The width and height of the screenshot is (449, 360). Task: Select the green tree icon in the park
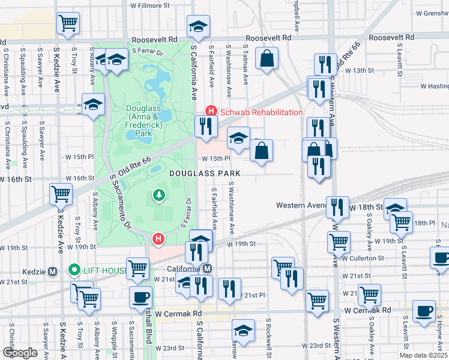[158, 194]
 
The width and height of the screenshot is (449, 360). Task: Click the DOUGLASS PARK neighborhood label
[204, 173]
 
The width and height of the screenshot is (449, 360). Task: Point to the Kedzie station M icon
[52, 271]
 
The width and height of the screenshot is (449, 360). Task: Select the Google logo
[20, 352]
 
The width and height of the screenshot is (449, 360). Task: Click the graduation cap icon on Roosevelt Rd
[198, 26]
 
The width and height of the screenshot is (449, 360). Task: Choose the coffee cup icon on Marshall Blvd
[141, 297]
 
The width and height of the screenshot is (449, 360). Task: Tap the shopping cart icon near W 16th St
[61, 194]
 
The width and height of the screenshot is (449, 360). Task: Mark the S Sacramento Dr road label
[120, 203]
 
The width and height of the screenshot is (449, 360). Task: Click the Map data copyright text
[423, 355]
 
